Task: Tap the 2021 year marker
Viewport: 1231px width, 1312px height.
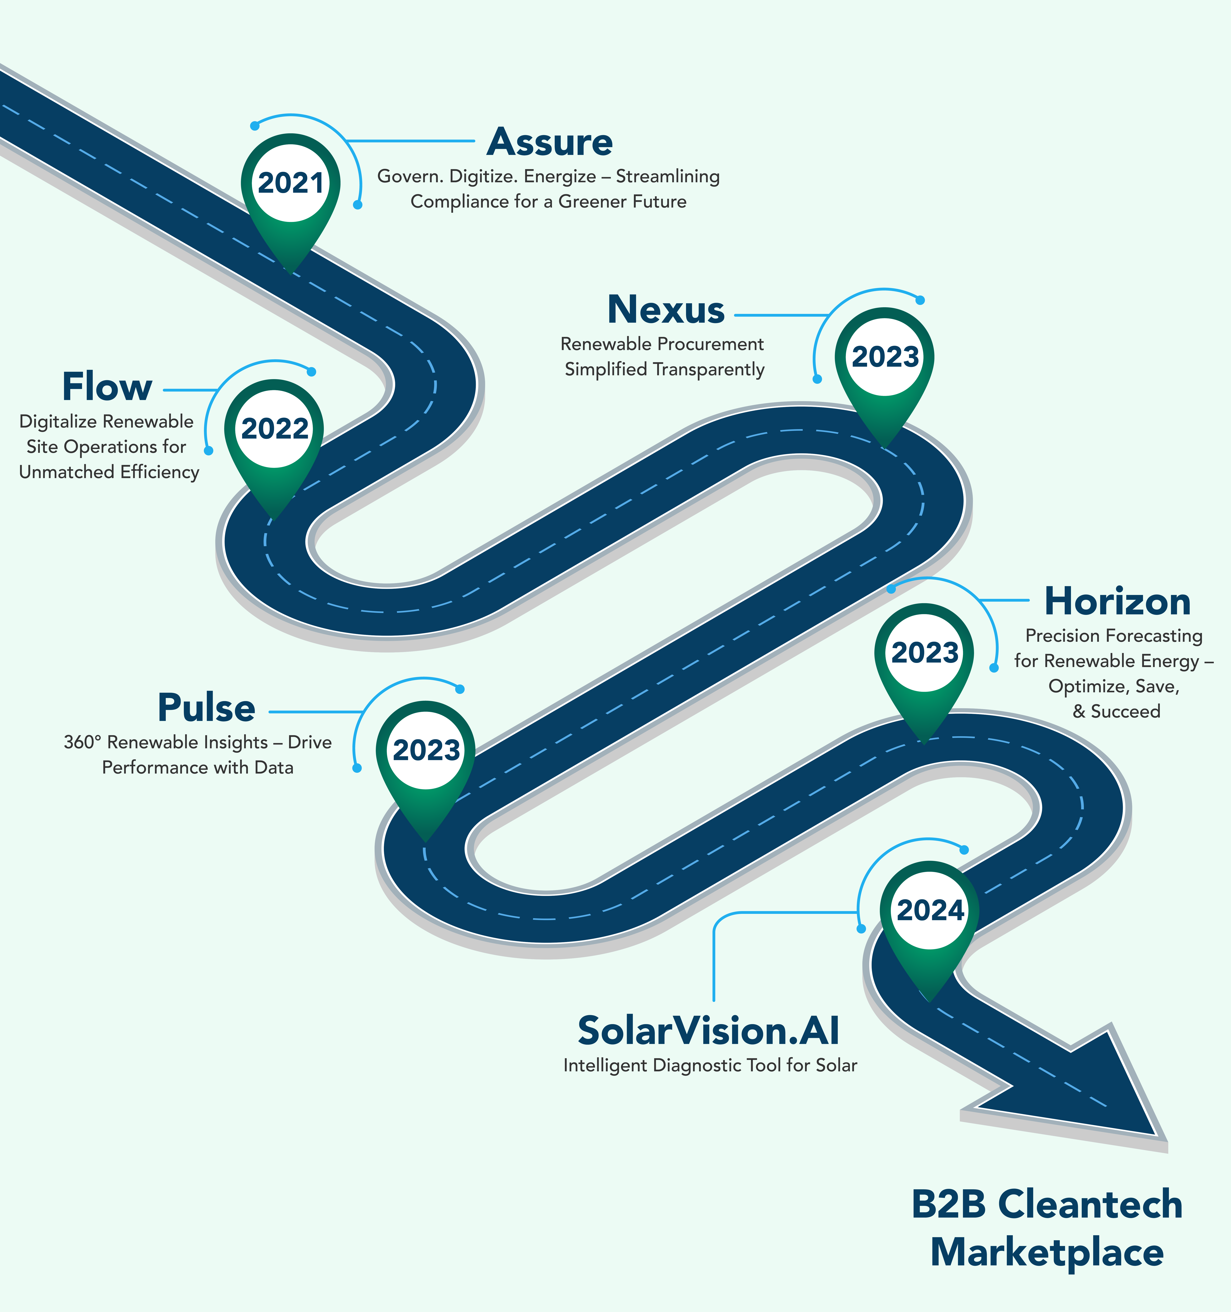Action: [290, 183]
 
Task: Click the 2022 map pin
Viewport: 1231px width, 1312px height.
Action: [274, 429]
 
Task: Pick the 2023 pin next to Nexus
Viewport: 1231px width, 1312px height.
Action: [885, 357]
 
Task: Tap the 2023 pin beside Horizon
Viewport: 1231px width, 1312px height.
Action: [924, 653]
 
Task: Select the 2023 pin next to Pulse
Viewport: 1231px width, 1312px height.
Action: [426, 750]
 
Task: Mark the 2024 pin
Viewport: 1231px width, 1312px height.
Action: [930, 911]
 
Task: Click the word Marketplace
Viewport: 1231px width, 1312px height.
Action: [1047, 1253]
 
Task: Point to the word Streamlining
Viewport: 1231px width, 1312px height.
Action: [668, 177]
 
